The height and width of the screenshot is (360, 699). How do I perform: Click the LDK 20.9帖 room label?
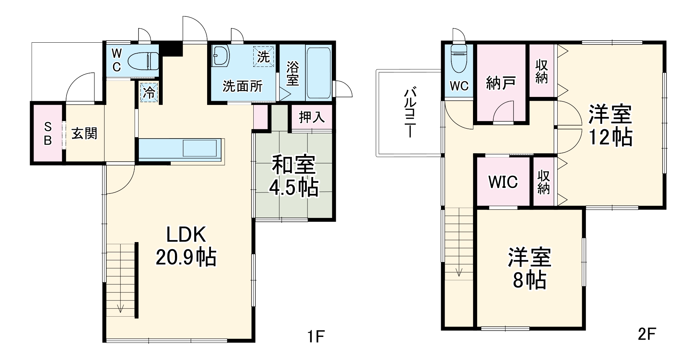[x=186, y=246]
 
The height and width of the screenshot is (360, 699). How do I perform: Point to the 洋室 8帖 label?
[x=529, y=269]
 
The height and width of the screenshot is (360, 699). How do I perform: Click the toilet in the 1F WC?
[x=143, y=62]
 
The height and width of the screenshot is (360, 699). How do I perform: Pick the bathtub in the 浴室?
[x=318, y=72]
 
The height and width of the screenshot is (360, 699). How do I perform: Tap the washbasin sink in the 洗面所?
[x=220, y=55]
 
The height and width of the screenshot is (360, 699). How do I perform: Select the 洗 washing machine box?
[x=263, y=56]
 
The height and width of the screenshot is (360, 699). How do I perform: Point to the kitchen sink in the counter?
[x=199, y=148]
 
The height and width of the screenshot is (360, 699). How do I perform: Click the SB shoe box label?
[x=48, y=133]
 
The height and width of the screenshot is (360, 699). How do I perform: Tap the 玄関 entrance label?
[x=84, y=133]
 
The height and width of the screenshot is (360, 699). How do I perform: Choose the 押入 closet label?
[x=311, y=117]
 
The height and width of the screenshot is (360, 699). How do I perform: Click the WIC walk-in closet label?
[x=503, y=182]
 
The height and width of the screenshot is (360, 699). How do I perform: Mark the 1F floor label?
[x=316, y=336]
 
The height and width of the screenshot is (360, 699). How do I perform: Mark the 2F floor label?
[x=646, y=334]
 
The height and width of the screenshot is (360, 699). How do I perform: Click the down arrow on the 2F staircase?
[x=459, y=272]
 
